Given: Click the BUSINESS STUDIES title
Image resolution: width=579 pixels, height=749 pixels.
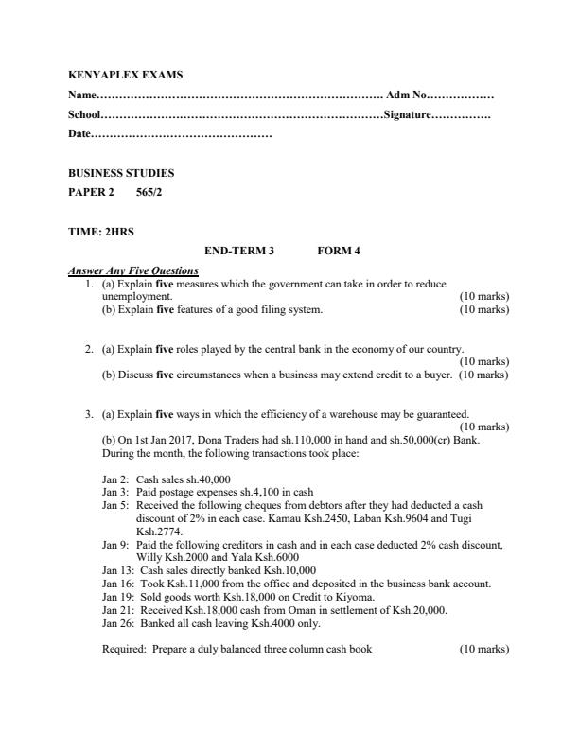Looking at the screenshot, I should [x=121, y=174].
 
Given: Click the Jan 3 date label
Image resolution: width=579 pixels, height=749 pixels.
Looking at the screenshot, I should [x=115, y=492].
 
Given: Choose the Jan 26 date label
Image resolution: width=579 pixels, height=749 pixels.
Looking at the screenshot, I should [x=117, y=622].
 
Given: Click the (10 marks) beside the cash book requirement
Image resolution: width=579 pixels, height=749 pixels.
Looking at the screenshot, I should [x=483, y=649].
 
